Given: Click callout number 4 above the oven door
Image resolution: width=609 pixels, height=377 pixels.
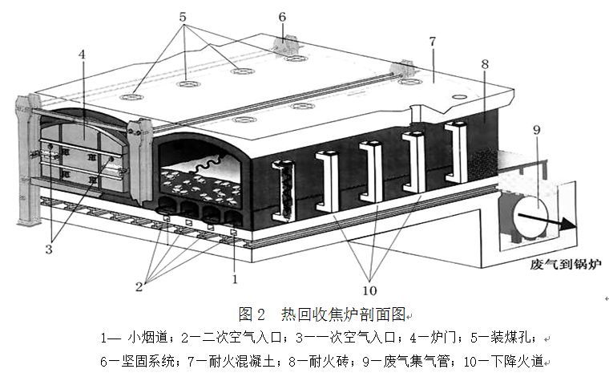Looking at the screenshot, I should tap(83, 55).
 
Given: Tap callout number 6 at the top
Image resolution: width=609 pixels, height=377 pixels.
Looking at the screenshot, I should tap(281, 15).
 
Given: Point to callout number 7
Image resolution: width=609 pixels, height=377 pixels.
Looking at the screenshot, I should tap(432, 41).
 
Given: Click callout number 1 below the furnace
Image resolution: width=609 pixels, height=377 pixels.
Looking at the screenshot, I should tap(235, 280).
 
